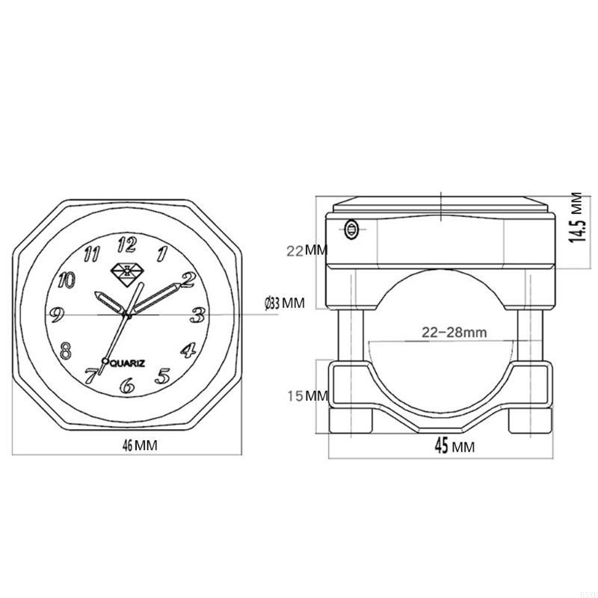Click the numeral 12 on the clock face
pos(127,244)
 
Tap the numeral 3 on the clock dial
pos(197,315)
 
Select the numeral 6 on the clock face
pos(127,386)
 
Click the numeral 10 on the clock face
pos(67,280)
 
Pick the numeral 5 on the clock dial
pos(162,375)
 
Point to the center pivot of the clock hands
pos(128,316)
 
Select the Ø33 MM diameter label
pos(285,303)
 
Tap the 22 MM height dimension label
pos(306,250)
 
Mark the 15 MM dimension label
pos(307,395)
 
